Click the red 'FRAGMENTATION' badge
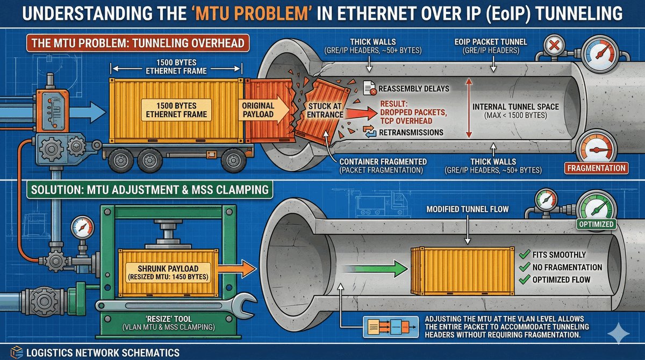click(x=596, y=168)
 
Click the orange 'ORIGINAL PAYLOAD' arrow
click(x=262, y=111)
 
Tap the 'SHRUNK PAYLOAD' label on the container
click(x=167, y=269)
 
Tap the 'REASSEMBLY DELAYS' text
click(x=413, y=88)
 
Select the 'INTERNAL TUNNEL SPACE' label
click(x=515, y=107)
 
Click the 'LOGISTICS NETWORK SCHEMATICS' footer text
click(x=103, y=352)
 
